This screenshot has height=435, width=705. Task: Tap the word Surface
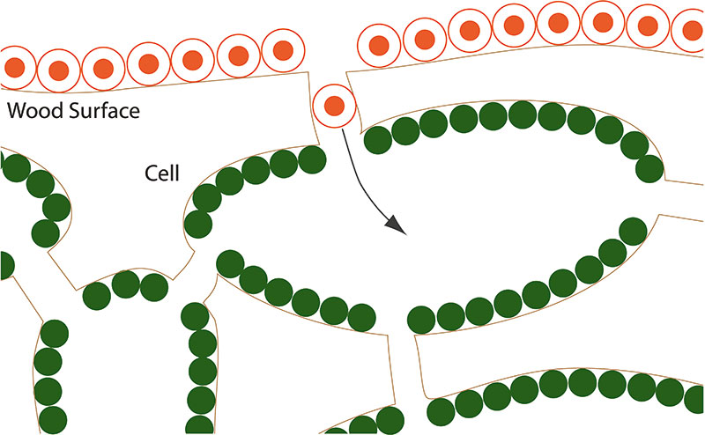[x=104, y=110]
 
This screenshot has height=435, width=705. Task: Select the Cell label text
[x=162, y=173]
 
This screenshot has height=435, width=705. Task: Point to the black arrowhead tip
[x=406, y=234]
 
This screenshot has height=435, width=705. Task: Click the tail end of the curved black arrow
[x=343, y=129]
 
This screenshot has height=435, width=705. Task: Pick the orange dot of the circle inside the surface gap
[x=335, y=106]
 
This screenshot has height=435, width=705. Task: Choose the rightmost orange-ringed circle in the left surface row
[x=283, y=50]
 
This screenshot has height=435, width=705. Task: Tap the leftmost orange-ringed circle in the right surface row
[x=379, y=46]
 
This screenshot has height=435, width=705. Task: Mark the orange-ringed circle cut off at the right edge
[x=690, y=30]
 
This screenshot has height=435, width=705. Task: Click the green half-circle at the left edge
[x=6, y=266]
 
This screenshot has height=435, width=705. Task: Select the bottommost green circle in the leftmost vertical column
[x=53, y=420]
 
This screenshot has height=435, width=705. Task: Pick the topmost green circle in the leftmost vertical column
[x=55, y=334]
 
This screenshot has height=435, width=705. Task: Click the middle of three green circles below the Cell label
[x=126, y=284]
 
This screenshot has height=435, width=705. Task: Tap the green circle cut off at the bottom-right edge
[x=695, y=400]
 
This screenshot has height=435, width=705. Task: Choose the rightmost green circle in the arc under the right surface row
[x=649, y=168]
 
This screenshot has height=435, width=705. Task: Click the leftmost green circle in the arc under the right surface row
[x=378, y=140]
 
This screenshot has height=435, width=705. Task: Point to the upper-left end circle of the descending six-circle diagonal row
[x=230, y=264]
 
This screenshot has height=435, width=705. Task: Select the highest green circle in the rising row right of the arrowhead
[x=633, y=232]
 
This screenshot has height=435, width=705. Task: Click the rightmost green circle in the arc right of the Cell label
[x=312, y=159]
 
